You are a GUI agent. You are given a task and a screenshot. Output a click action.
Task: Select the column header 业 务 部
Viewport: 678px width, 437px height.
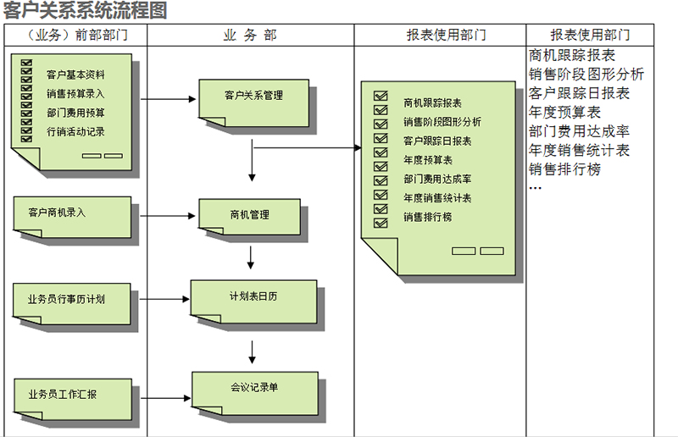249,35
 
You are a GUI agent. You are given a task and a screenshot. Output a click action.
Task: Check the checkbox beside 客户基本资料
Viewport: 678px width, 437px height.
27,75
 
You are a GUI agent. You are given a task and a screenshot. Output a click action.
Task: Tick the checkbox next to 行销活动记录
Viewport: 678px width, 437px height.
27,131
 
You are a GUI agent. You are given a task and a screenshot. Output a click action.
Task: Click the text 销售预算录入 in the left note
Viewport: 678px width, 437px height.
75,93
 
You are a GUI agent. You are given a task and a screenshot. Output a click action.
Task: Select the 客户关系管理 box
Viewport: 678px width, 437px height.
253,97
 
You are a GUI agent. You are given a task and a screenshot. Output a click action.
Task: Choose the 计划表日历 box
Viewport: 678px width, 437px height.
253,298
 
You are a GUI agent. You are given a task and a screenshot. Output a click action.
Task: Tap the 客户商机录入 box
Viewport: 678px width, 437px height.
72,214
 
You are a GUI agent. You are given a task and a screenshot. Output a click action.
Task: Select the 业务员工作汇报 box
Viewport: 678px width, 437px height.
72,396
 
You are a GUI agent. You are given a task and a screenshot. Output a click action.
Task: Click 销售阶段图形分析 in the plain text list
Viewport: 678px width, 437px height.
586,74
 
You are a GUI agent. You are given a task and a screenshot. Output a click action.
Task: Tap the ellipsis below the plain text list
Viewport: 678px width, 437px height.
535,188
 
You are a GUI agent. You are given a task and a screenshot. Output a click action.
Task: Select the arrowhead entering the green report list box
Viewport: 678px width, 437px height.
356,148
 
